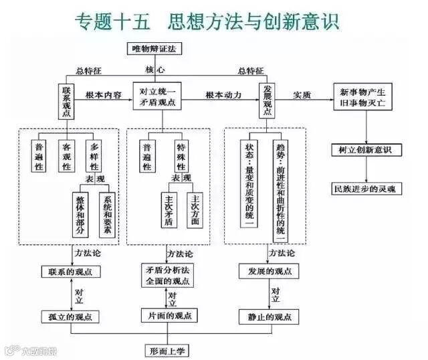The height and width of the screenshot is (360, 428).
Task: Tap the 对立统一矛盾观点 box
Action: (x=158, y=96)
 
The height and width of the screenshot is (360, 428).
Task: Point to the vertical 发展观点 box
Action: (x=268, y=101)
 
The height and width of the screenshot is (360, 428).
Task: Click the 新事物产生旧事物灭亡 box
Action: (x=362, y=96)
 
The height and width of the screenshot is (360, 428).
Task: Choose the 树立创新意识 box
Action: (x=362, y=151)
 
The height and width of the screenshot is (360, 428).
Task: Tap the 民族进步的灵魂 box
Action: (x=364, y=189)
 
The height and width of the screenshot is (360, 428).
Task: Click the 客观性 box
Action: (x=66, y=155)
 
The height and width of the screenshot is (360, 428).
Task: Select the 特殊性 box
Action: (x=181, y=155)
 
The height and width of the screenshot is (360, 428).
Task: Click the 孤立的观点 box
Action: (x=70, y=317)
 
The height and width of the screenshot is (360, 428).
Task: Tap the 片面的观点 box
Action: (x=169, y=315)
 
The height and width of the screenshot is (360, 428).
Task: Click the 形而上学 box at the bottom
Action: (x=169, y=350)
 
